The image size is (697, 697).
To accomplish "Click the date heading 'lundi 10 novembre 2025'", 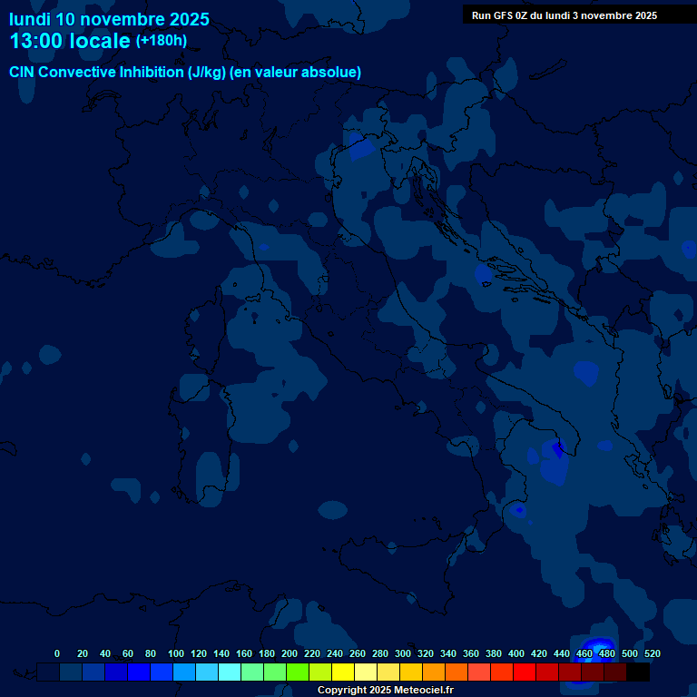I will [109, 19].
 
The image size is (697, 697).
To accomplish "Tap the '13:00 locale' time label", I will [71, 41].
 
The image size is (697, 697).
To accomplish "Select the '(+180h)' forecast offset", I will [162, 40].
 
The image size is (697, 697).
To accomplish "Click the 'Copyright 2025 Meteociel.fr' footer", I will [385, 691].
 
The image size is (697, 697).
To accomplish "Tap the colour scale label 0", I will [57, 653].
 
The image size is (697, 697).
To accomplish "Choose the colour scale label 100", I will [175, 653].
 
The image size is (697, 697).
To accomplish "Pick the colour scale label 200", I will [289, 653].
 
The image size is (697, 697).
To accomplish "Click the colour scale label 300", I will [402, 653].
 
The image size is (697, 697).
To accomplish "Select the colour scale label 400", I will [515, 653].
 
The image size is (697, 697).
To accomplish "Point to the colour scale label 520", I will [652, 653].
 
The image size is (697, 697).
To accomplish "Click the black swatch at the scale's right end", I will [638, 672].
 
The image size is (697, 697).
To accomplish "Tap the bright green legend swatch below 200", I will [298, 672].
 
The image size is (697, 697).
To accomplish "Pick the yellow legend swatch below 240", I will [343, 672].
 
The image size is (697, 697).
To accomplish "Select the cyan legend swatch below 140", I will [230, 672].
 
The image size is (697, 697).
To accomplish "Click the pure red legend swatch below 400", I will [525, 672].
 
